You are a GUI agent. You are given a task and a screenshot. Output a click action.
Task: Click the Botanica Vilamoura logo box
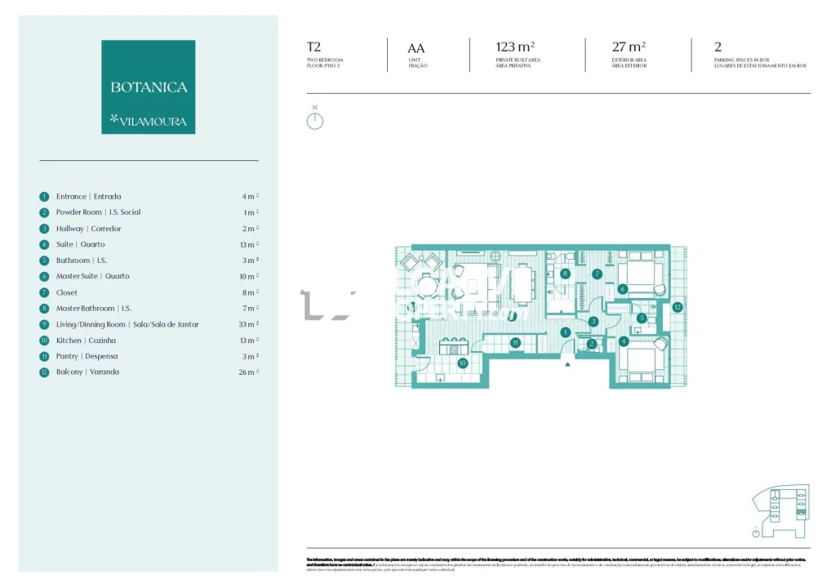point(148,87)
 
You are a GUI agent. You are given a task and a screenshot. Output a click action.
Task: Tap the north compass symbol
point(315,120)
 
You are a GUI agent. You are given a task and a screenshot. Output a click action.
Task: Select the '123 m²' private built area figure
point(515,47)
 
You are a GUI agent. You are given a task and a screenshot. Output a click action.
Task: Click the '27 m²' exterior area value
point(629,47)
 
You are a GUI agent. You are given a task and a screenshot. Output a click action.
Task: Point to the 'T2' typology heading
point(313,47)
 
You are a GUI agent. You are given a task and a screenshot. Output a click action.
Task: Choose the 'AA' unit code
point(415,48)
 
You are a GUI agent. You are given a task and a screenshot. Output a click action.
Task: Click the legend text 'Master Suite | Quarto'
point(92,276)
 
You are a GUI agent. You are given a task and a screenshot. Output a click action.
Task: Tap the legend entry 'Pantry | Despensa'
point(87,356)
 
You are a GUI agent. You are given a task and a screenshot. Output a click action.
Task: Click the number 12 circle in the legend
point(44,372)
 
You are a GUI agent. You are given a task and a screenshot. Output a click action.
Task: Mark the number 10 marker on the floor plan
point(462,363)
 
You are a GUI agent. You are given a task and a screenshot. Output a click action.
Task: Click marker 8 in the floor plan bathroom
point(565,274)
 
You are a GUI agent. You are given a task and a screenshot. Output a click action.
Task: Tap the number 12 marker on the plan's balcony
point(677,308)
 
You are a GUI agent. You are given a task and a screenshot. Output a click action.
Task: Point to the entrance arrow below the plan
point(567,365)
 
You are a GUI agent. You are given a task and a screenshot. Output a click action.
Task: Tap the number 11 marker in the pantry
point(515,343)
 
